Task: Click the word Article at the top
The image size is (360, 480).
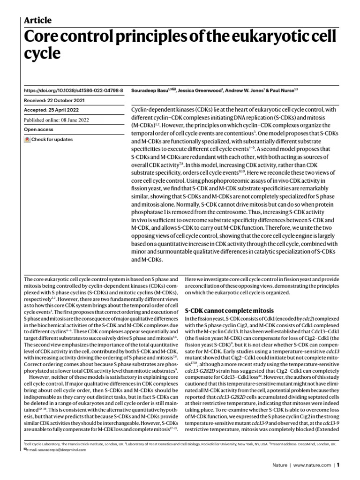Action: (37, 20)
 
